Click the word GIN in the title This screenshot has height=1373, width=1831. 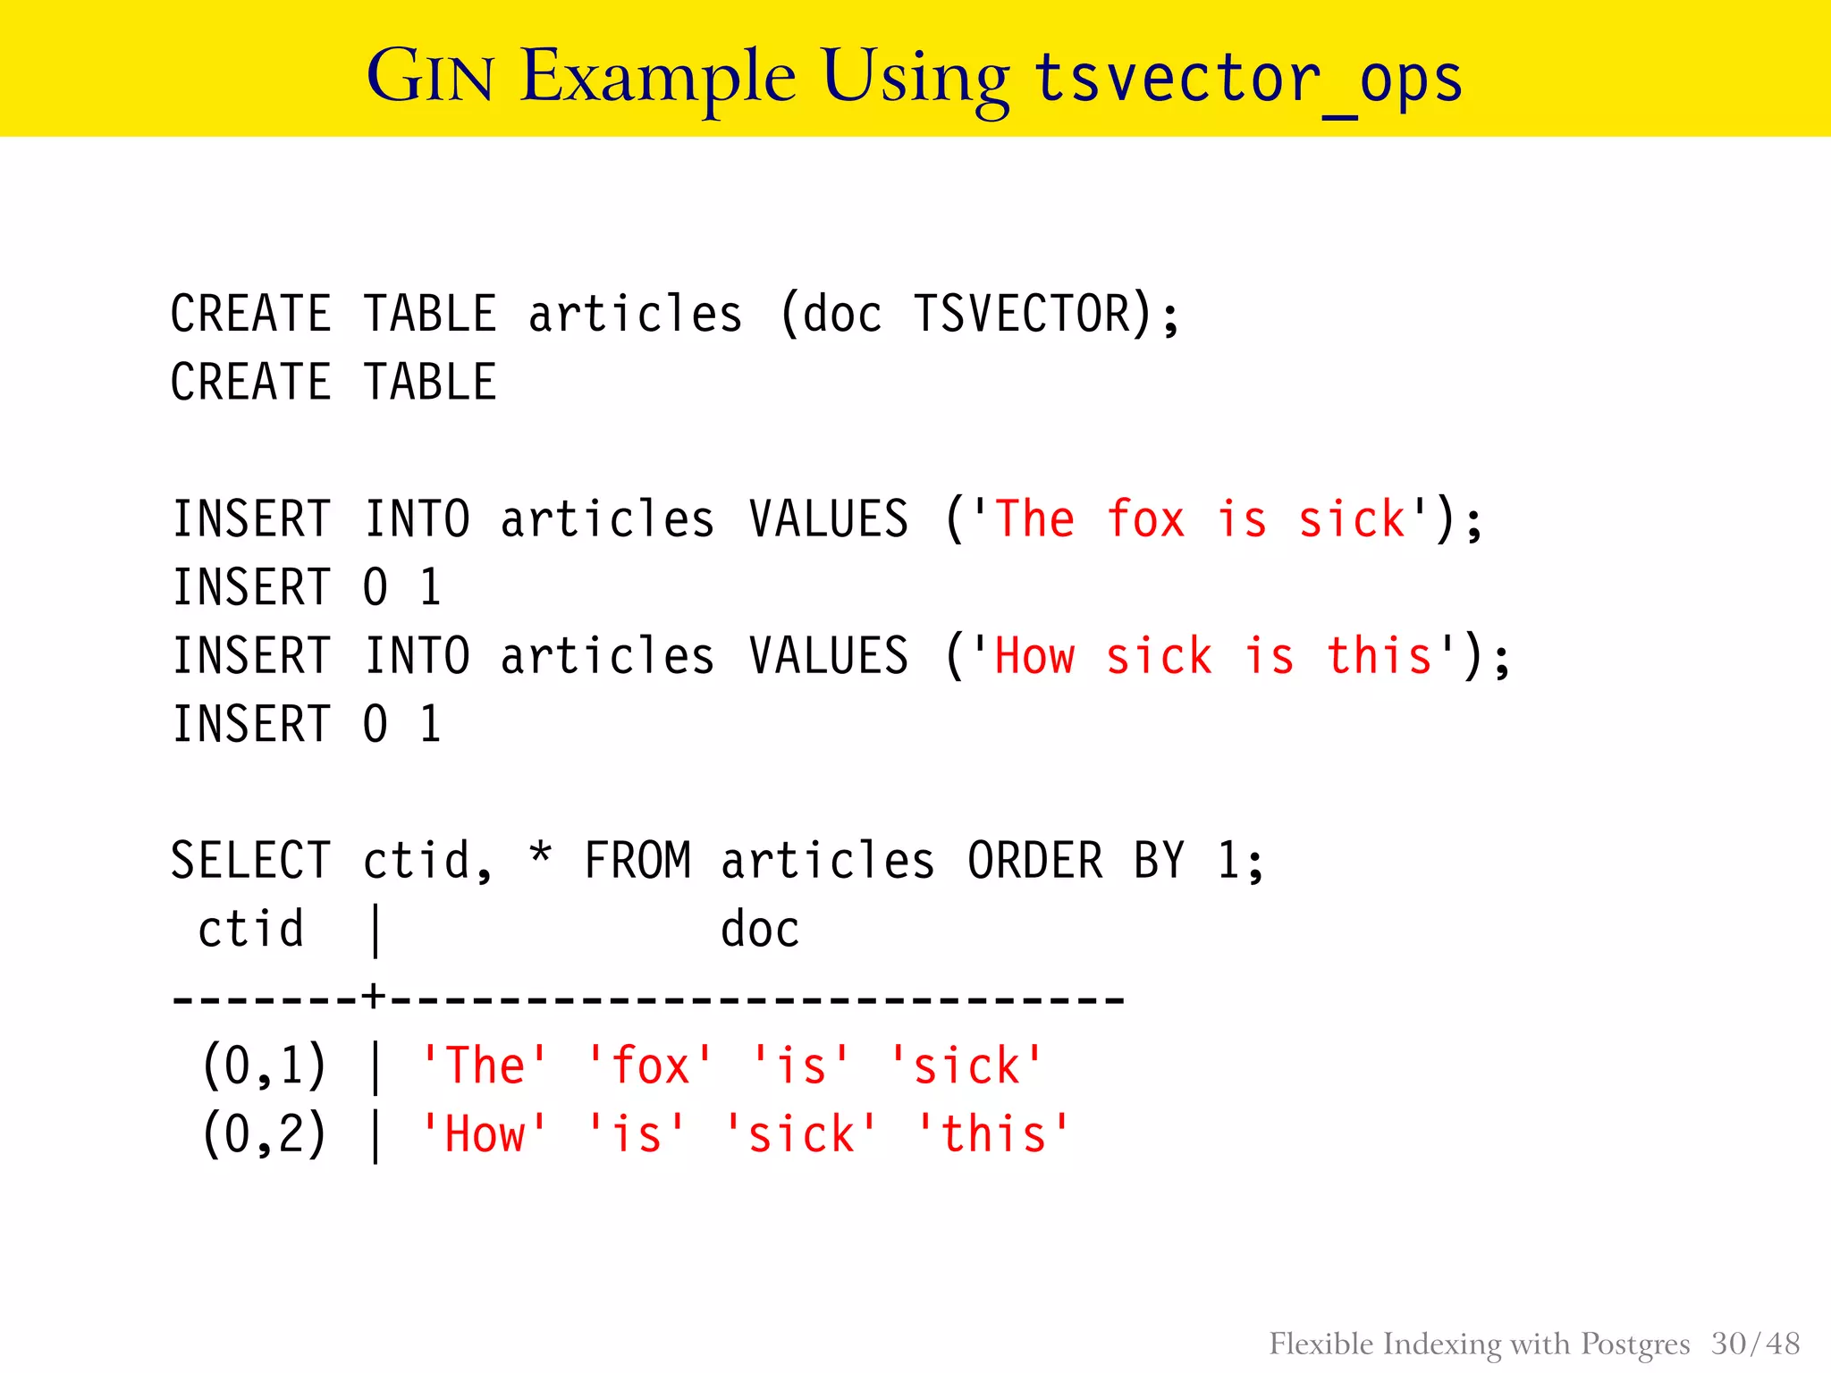(x=430, y=77)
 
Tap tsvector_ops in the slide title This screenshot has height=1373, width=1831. (x=1248, y=79)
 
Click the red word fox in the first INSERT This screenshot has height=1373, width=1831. (x=1145, y=519)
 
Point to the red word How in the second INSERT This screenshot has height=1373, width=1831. (x=1034, y=656)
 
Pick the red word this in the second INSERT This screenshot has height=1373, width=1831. (x=1380, y=656)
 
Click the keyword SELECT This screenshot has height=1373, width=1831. (x=250, y=861)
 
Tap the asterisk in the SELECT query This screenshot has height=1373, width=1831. (x=540, y=854)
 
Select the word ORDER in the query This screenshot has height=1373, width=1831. (x=1034, y=861)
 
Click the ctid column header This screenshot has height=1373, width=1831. (x=250, y=930)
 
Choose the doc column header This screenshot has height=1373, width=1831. (x=760, y=930)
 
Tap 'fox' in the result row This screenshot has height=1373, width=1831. (x=650, y=1066)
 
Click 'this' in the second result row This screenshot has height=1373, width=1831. (x=993, y=1135)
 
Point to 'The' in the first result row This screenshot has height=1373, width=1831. (x=485, y=1066)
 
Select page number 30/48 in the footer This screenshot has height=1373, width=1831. (x=1755, y=1344)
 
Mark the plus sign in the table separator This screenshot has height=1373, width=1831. (x=374, y=996)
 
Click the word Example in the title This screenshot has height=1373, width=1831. (x=658, y=77)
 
